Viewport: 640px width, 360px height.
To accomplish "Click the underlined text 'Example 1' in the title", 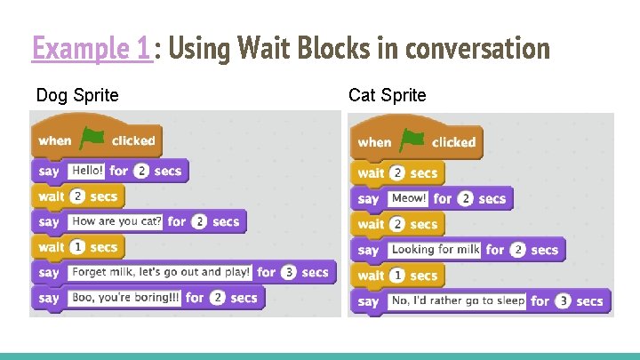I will pos(92,48).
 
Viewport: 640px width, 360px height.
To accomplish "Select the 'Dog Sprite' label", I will pos(77,95).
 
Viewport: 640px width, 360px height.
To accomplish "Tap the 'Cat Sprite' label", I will pos(387,95).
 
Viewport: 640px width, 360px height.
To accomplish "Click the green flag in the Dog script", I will pos(92,139).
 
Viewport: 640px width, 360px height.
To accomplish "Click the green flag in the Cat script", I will pos(412,140).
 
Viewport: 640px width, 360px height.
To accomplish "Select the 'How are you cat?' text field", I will pos(116,221).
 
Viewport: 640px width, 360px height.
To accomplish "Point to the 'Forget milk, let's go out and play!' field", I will pos(158,272).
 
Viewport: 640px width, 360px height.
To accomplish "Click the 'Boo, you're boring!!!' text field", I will pos(124,298).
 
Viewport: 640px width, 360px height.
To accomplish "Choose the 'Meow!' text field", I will pos(408,199).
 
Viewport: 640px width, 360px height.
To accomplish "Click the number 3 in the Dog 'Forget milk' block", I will pos(289,273).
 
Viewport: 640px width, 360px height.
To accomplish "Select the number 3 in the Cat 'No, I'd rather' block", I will pos(564,301).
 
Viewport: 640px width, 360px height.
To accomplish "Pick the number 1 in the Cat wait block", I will pos(397,276).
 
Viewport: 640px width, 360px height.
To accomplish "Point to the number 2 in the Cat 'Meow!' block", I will pos(465,199).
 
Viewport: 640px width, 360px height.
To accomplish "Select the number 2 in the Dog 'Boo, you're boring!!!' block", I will pos(218,298).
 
